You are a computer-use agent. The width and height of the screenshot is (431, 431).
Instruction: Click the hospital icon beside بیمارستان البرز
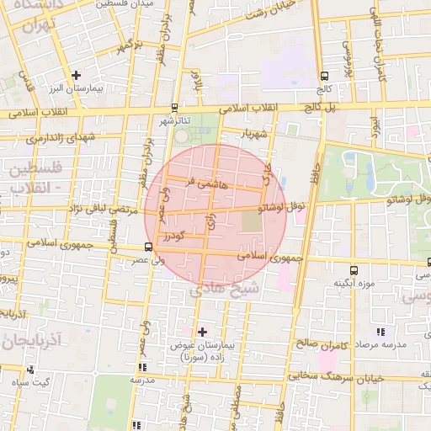(x=77, y=75)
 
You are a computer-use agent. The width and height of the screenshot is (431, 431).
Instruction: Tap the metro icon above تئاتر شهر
(x=174, y=108)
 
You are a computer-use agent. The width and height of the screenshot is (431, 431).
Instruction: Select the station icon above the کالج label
(x=325, y=75)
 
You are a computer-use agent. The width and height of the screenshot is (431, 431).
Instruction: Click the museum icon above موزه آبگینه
(x=353, y=270)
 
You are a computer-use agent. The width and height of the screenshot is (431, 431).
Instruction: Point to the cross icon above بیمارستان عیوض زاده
(x=201, y=332)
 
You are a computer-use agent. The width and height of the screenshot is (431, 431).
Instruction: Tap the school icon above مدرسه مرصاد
(x=380, y=332)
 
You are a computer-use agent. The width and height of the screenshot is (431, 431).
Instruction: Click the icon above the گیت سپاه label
(x=31, y=370)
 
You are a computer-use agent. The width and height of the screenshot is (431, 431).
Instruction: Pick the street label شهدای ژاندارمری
(x=61, y=136)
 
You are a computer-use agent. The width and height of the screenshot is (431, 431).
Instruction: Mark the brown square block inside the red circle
(x=253, y=222)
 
